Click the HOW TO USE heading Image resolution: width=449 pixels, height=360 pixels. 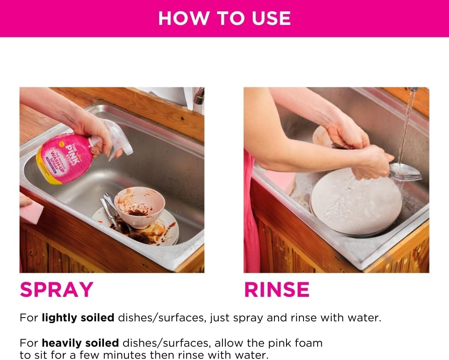224,18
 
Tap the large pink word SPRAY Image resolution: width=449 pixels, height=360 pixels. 57,290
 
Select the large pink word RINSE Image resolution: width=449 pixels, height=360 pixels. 276,290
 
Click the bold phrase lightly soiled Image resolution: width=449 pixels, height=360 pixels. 78,318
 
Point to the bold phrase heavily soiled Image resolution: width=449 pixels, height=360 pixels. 80,343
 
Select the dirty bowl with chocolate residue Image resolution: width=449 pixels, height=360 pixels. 139,206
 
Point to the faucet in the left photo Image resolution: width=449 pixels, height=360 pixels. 199,96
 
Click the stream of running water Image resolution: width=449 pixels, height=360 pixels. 405,125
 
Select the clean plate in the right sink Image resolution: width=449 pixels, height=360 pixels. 355,201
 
